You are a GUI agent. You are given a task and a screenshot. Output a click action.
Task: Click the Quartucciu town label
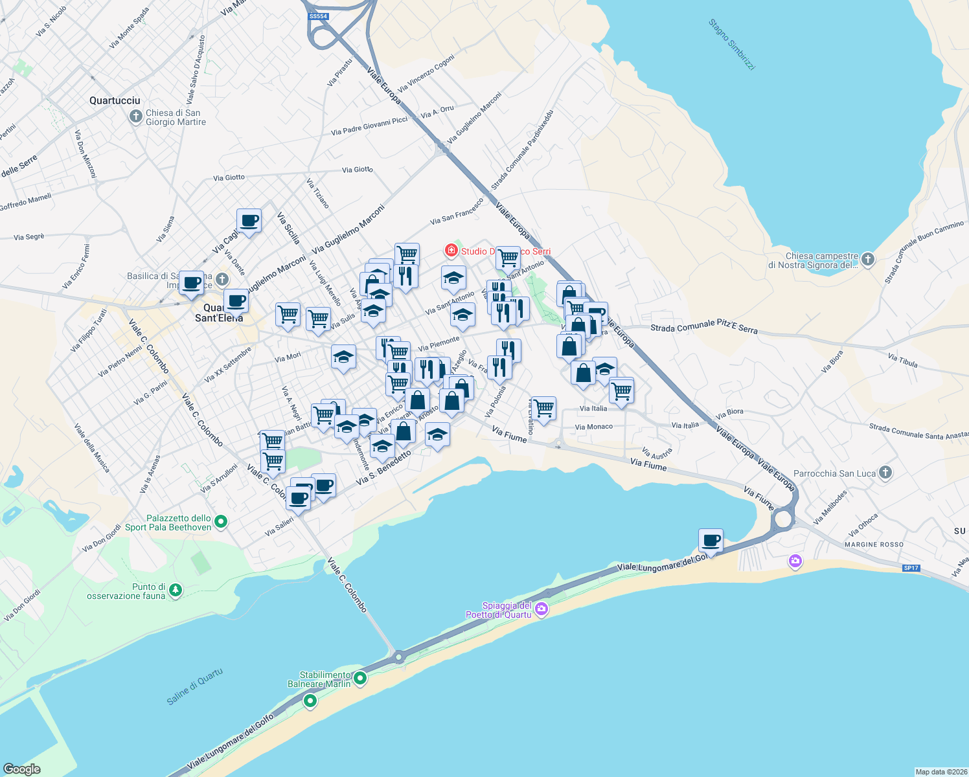coord(115,100)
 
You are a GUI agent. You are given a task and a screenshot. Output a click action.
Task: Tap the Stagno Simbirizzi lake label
coord(731,44)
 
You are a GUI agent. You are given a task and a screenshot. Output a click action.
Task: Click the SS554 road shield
coord(318,16)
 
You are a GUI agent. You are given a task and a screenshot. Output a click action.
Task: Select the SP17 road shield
coord(911,568)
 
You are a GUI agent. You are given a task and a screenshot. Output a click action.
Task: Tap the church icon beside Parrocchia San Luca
coord(885,473)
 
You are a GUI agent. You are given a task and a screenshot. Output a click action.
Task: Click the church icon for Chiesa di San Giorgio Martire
coord(135,117)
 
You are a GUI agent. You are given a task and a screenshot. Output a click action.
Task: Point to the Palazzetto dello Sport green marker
coord(221,521)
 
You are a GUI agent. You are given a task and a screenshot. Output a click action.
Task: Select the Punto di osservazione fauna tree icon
coord(175,590)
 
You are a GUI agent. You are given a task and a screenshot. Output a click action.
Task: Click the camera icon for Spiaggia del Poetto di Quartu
coord(541,609)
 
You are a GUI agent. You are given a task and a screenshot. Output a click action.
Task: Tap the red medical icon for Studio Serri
coord(451,250)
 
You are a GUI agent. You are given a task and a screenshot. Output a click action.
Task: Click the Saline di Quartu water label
coord(195,686)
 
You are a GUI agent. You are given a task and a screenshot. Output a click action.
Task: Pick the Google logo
coord(22,769)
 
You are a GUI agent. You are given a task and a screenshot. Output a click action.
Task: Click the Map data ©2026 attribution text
coord(940,771)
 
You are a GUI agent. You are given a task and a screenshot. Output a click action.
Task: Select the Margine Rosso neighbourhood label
coord(874,545)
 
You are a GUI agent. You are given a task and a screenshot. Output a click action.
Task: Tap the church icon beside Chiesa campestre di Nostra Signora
coord(868,260)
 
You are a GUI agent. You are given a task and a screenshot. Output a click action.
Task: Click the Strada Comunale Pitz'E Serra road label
coord(704,326)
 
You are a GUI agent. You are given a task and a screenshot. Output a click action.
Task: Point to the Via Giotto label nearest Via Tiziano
coord(358,170)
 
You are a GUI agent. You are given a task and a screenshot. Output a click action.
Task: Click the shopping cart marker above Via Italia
coord(621,390)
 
